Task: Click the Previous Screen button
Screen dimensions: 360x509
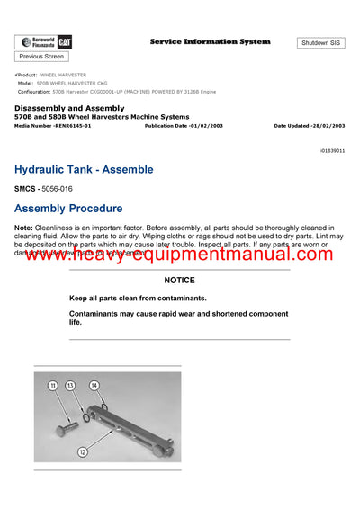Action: click(41, 56)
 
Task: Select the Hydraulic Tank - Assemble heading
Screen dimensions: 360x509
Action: click(84, 169)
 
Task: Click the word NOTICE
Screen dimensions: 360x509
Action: click(179, 281)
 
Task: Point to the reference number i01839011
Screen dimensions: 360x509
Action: click(332, 151)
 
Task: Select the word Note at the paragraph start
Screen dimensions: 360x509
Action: click(24, 228)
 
